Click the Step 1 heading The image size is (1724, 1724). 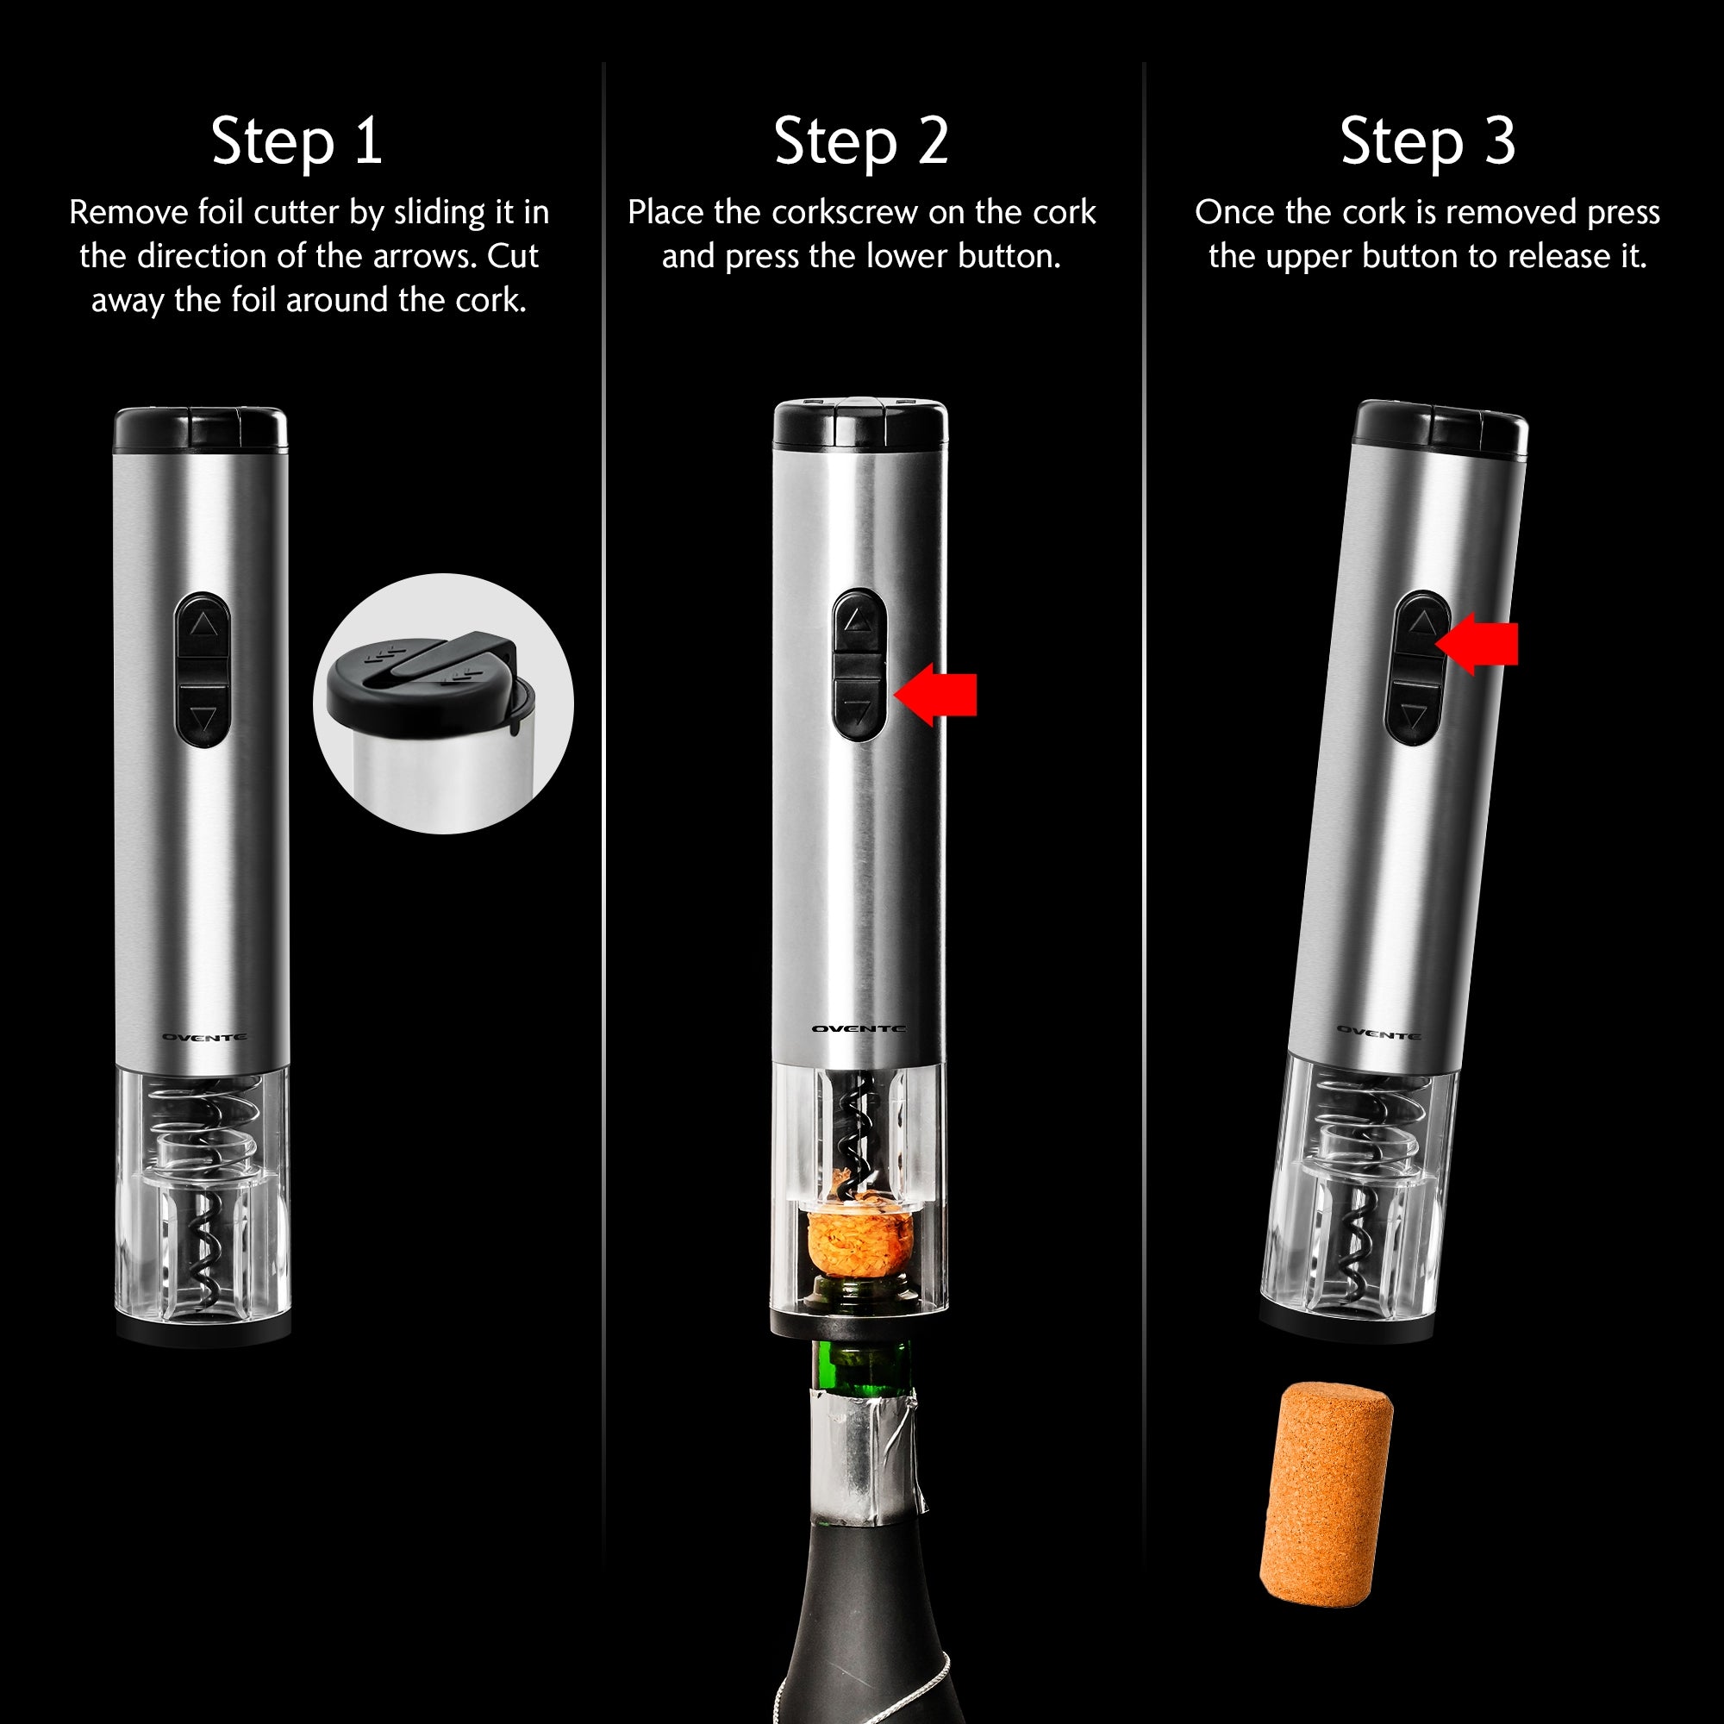point(297,141)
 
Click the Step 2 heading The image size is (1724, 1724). point(861,141)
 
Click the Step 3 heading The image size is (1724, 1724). point(1427,141)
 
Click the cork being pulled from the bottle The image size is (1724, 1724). point(859,1239)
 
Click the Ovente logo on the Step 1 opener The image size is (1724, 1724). point(204,1037)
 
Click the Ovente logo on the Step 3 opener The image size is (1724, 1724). point(1377,1034)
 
